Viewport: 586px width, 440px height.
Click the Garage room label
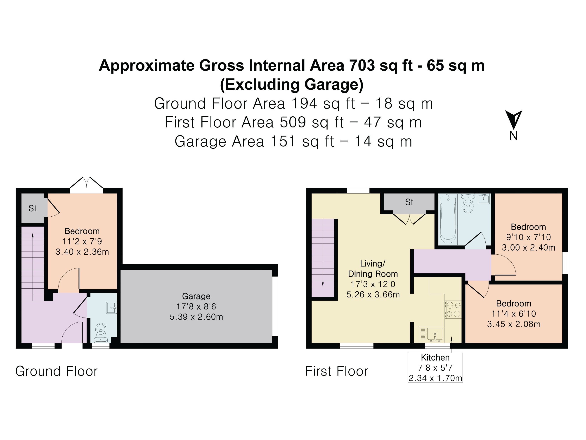[196, 296]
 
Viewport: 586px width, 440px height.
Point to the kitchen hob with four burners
[453, 309]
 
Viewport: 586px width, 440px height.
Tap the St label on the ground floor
[33, 208]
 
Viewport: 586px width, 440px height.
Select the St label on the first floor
[409, 202]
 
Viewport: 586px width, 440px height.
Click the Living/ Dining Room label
[373, 269]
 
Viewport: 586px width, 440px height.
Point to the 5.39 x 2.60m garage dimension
[196, 317]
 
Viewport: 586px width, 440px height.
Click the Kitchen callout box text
[435, 368]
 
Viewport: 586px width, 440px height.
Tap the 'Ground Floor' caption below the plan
[57, 371]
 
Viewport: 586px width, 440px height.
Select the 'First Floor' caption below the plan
[336, 371]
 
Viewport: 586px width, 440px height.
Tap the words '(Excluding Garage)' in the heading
[292, 85]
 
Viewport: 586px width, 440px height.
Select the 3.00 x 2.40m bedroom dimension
[529, 248]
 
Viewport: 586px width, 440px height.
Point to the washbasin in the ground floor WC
[111, 308]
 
